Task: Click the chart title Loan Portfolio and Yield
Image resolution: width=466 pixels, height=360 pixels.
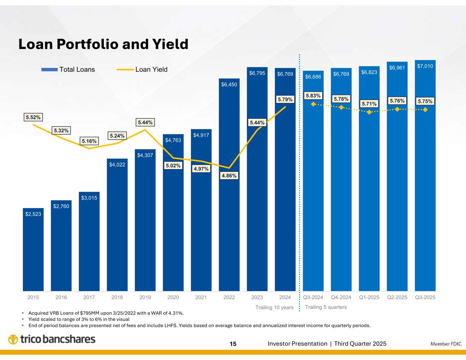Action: [103, 44]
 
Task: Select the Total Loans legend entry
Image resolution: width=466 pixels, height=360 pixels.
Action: [68, 70]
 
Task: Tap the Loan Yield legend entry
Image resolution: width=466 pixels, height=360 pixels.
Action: [142, 70]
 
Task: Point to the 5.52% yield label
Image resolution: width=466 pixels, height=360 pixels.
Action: [33, 117]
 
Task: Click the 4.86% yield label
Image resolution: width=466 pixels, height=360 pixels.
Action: [229, 175]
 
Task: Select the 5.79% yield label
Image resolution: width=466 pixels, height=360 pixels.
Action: [285, 100]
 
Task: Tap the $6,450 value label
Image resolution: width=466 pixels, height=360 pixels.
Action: [229, 84]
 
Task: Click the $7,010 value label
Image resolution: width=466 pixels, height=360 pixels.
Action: [425, 66]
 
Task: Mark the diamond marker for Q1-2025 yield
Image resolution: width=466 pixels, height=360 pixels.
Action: [369, 112]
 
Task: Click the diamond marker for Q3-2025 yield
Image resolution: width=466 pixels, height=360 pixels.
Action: [425, 110]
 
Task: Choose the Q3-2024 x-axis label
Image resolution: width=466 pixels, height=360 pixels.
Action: [313, 297]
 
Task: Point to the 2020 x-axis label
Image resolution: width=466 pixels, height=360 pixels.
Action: [173, 297]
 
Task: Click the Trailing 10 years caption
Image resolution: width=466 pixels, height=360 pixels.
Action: [274, 307]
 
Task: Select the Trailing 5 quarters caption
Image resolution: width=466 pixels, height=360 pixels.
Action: [326, 307]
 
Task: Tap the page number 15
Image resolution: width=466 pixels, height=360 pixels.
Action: [233, 344]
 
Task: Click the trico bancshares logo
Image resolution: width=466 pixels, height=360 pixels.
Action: [52, 340]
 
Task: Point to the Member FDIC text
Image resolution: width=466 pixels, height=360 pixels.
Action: [446, 344]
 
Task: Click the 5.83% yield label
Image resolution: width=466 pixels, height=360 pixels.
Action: [313, 96]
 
